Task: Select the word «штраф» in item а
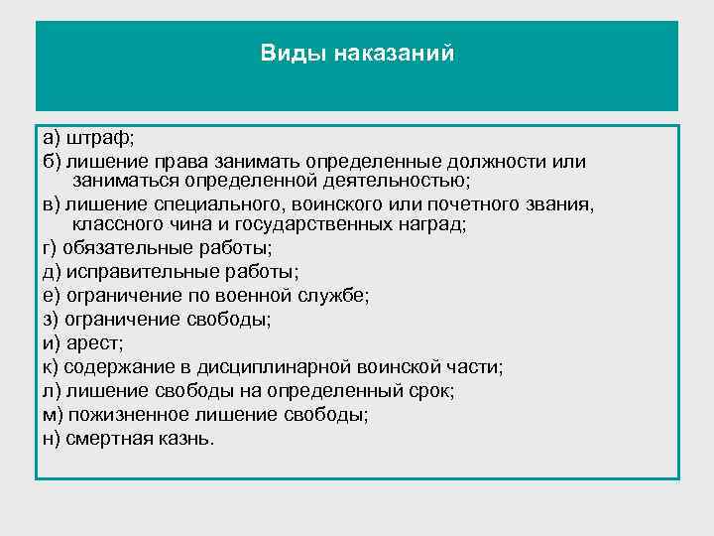pos(94,138)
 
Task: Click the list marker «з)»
pos(49,320)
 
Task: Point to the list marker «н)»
pos(49,438)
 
